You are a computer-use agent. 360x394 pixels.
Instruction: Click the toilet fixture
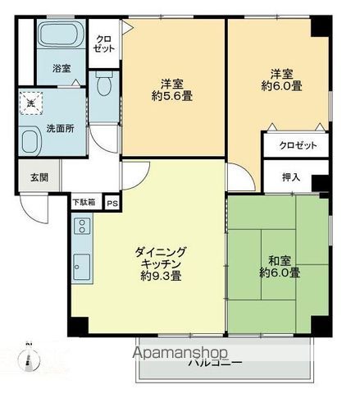click(x=103, y=85)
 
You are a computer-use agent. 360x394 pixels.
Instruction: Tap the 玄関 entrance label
click(x=28, y=176)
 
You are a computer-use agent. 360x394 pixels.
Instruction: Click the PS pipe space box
click(x=112, y=201)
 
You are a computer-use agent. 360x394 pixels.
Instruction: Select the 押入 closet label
click(x=290, y=176)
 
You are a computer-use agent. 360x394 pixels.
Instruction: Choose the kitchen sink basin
click(x=81, y=266)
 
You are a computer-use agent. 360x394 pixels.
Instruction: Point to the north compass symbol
click(x=28, y=352)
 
